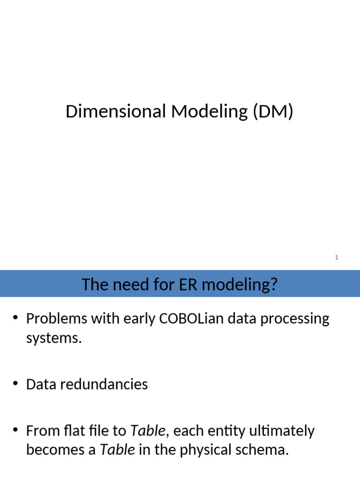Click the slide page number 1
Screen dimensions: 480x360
[x=337, y=257]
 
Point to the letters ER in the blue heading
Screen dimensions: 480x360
[x=175, y=285]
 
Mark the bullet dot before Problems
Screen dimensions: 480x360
[x=15, y=319]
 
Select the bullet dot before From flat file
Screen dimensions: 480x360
[x=15, y=430]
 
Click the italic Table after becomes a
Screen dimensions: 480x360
[x=118, y=450]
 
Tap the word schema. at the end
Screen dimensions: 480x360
[x=265, y=450]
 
